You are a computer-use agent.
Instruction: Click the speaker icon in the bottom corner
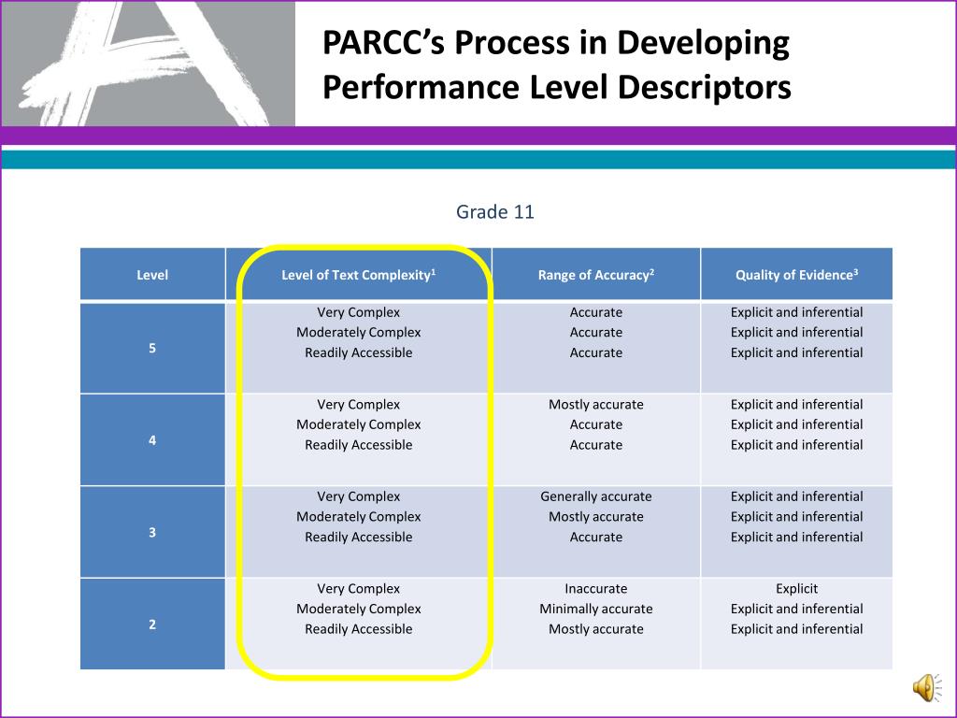pyautogui.click(x=927, y=688)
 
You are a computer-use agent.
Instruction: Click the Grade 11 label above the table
pyautogui.click(x=494, y=212)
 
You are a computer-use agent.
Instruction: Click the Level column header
pyautogui.click(x=152, y=275)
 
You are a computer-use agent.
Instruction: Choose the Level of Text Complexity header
pyautogui.click(x=359, y=275)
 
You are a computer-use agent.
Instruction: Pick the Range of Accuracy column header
pyautogui.click(x=595, y=275)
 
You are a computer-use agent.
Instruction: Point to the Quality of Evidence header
pyautogui.click(x=796, y=275)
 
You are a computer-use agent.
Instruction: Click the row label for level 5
pyautogui.click(x=152, y=348)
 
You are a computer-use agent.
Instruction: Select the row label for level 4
pyautogui.click(x=152, y=439)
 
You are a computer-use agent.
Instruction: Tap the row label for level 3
pyautogui.click(x=152, y=532)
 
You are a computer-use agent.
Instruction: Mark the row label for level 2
pyautogui.click(x=152, y=624)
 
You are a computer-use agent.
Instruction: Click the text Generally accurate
pyautogui.click(x=595, y=496)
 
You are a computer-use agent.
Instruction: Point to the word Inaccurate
pyautogui.click(x=595, y=589)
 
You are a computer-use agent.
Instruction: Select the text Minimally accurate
pyautogui.click(x=595, y=609)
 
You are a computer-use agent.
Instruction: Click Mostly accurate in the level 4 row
pyautogui.click(x=595, y=405)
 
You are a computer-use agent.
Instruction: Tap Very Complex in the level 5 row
pyautogui.click(x=358, y=312)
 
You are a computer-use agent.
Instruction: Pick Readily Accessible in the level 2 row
pyautogui.click(x=358, y=629)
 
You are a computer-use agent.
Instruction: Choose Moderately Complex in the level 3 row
pyautogui.click(x=358, y=516)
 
